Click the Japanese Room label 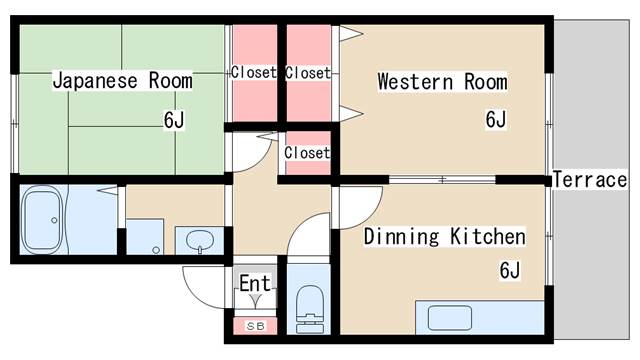(122, 80)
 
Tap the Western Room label (442, 82)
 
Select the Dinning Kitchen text (444, 236)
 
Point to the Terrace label (590, 180)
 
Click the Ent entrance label (255, 283)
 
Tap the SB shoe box (255, 326)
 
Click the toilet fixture (309, 309)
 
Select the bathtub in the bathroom (42, 220)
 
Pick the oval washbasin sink (200, 240)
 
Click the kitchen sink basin (450, 318)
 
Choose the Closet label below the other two (307, 153)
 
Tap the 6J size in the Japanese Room (174, 120)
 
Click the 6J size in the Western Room (496, 119)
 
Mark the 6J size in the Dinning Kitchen (510, 270)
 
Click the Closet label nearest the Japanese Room (254, 73)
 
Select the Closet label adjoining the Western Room (308, 73)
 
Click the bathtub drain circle (54, 220)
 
